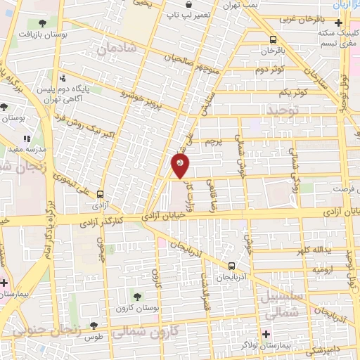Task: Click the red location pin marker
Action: (x=180, y=166)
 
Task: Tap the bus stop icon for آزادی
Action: (x=100, y=195)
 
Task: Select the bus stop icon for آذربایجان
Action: (x=232, y=266)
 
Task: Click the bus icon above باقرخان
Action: (x=273, y=39)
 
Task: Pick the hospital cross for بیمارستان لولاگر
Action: (x=266, y=333)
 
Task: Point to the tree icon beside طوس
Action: (x=94, y=326)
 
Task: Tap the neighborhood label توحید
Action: (x=282, y=111)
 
